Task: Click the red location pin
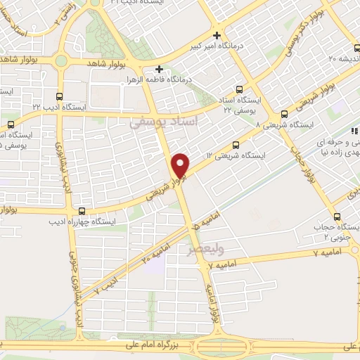tap(181, 165)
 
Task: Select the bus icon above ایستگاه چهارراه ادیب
tap(83, 210)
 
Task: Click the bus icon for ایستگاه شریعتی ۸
tap(284, 113)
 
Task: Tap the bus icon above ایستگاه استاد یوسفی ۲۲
tap(238, 89)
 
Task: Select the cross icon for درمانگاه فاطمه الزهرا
tap(160, 70)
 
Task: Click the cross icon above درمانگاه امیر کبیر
tap(217, 35)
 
